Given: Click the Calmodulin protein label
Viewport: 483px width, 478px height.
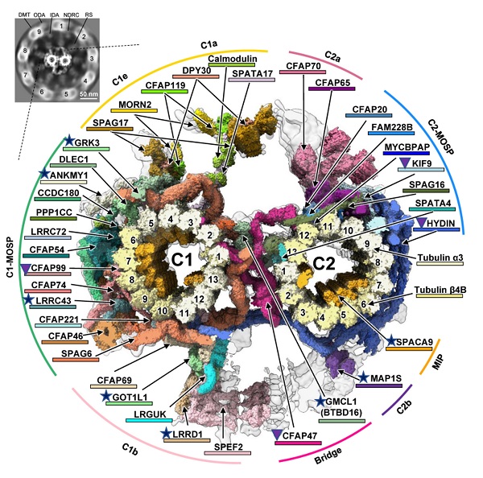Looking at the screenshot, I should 231,59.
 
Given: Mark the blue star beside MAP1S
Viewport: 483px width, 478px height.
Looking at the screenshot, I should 363,377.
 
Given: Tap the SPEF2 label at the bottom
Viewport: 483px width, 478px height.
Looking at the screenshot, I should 227,445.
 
